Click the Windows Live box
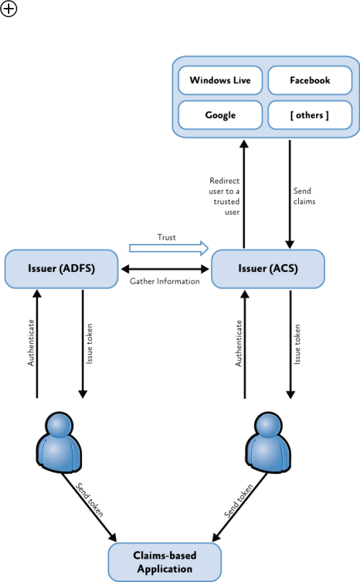pyautogui.click(x=220, y=80)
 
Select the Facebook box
pyautogui.click(x=310, y=80)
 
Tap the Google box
pyautogui.click(x=220, y=115)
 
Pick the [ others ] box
pyautogui.click(x=310, y=115)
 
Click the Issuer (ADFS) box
pyautogui.click(x=61, y=269)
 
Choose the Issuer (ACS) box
pyautogui.click(x=268, y=269)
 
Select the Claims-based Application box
pyautogui.click(x=165, y=562)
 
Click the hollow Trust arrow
pyautogui.click(x=168, y=248)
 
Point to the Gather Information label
pyautogui.click(x=165, y=281)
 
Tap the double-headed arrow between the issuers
pyautogui.click(x=165, y=269)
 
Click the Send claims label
pyautogui.click(x=305, y=196)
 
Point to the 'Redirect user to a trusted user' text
pyautogui.click(x=225, y=196)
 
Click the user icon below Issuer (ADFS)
pyautogui.click(x=59, y=442)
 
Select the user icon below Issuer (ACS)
pyautogui.click(x=269, y=442)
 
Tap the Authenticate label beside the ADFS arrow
pyautogui.click(x=31, y=342)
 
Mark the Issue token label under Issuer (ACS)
pyautogui.click(x=297, y=345)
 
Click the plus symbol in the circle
pyautogui.click(x=9, y=9)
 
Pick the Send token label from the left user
pyautogui.click(x=89, y=499)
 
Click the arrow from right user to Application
pyautogui.click(x=240, y=507)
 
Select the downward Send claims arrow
pyautogui.click(x=289, y=194)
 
